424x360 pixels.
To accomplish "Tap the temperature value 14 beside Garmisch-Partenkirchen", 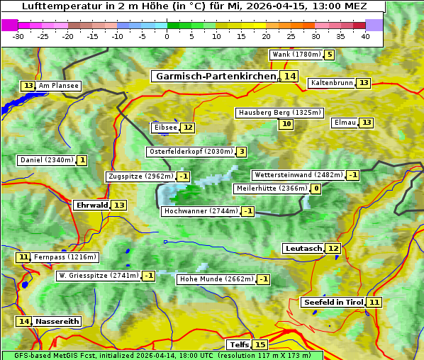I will (289, 77).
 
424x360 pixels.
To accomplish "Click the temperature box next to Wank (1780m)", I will (330, 55).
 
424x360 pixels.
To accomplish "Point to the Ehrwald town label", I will (91, 206).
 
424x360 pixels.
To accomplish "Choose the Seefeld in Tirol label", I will (333, 303).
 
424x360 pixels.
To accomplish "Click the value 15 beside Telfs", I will (260, 345).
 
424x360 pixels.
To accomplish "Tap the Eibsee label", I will (165, 128).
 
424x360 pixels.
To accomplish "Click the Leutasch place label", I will (303, 249).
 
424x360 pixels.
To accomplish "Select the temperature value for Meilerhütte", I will (316, 189).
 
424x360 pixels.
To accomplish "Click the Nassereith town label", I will (57, 321).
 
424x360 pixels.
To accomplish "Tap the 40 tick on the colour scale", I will (365, 36).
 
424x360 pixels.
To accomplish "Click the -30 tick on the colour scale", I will (18, 36).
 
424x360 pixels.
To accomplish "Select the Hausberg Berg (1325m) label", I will (279, 113).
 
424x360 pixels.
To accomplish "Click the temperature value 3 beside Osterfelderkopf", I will (242, 152).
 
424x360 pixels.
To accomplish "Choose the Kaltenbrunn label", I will (331, 83).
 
